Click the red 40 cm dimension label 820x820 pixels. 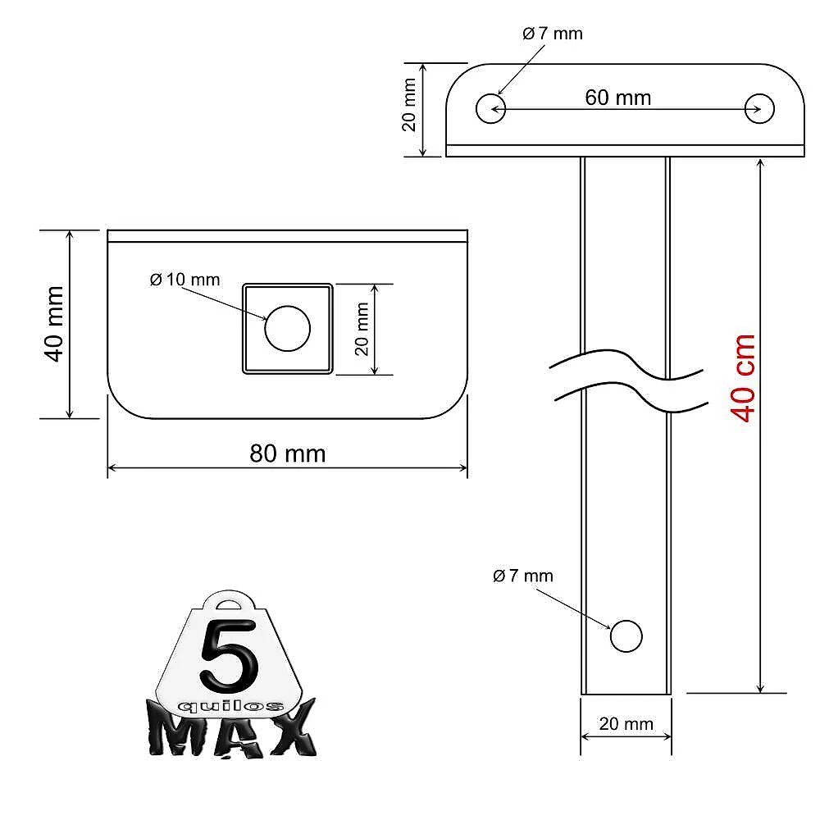[743, 378]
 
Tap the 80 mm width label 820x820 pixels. [288, 453]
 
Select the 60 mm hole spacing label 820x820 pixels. [617, 98]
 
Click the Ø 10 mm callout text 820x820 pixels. [184, 280]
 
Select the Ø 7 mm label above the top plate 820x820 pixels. [552, 34]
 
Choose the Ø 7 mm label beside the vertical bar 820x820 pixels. [523, 576]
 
